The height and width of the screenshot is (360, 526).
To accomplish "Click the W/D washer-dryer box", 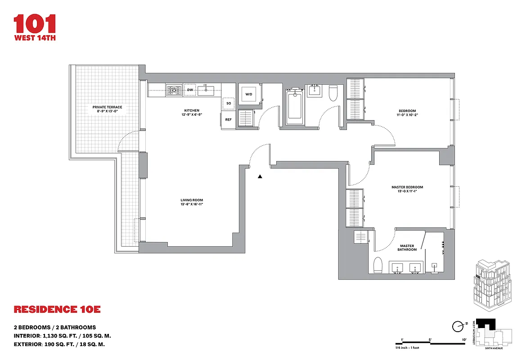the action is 248,94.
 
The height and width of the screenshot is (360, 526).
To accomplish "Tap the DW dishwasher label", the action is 190,90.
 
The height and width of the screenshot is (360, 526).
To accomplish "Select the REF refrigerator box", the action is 228,120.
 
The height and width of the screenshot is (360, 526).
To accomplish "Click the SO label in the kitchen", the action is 229,103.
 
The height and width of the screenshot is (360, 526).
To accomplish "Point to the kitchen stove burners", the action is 173,90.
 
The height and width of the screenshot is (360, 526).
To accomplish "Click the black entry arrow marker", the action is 260,177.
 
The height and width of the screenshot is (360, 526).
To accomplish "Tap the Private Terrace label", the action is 107,107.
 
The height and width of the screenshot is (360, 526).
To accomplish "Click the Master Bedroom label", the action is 407,187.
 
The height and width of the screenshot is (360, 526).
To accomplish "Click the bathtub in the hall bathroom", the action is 294,107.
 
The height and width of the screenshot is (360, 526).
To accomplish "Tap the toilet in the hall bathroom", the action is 333,93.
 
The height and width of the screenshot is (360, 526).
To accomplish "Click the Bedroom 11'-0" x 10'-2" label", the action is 407,113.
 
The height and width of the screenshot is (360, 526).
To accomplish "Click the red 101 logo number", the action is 35,24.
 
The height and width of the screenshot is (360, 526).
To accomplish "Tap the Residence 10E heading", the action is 57,310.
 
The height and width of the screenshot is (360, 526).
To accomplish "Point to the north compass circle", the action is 459,325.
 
